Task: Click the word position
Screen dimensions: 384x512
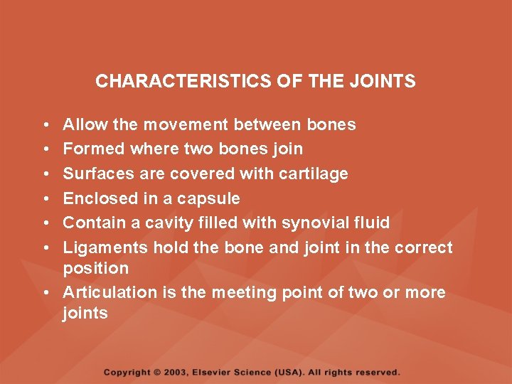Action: tap(96, 268)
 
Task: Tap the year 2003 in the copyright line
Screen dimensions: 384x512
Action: tap(177, 372)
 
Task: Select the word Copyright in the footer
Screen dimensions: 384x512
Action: tap(127, 372)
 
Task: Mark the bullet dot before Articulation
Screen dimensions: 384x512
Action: tap(46, 293)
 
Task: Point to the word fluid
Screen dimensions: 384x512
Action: tap(372, 223)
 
